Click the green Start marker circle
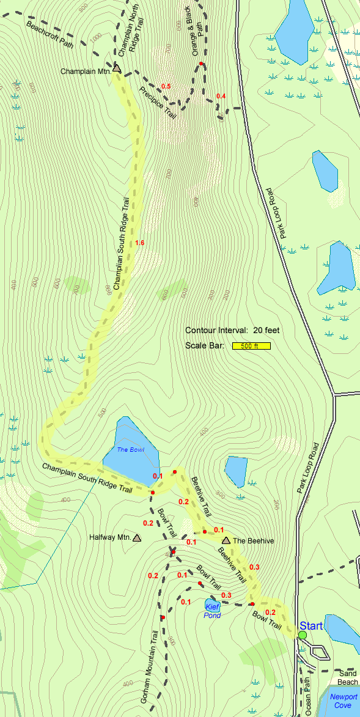(303, 635)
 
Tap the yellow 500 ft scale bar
(251, 346)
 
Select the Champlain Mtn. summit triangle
(117, 70)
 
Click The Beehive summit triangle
(226, 540)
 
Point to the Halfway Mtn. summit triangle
(136, 539)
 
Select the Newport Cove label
(342, 700)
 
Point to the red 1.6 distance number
(139, 243)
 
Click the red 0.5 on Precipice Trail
(166, 86)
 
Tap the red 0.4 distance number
(221, 97)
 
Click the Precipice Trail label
(158, 103)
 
